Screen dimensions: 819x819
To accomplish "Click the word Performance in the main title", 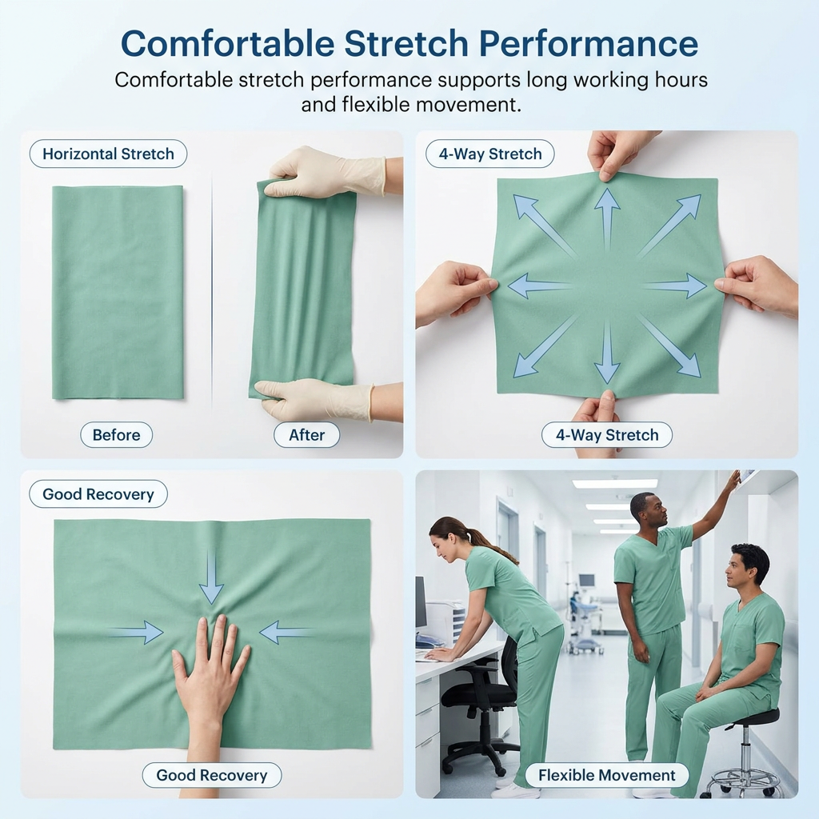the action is (x=589, y=43).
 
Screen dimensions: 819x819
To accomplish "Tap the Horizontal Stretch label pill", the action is (x=108, y=154).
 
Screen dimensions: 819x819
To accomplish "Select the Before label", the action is (x=117, y=434).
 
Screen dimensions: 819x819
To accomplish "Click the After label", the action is (x=306, y=434).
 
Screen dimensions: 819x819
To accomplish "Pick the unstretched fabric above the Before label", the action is (x=118, y=293).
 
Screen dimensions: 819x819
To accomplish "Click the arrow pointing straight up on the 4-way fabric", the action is (x=607, y=218).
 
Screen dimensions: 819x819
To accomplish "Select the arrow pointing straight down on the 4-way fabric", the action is (x=607, y=353).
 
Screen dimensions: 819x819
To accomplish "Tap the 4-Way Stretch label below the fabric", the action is (x=607, y=434).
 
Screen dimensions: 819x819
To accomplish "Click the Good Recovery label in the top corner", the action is (x=98, y=493).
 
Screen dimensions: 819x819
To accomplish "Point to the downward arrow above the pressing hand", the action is (x=211, y=577).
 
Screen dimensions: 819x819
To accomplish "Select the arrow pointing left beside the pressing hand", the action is (x=286, y=633).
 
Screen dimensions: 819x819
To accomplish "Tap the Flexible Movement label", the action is (x=607, y=775).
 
